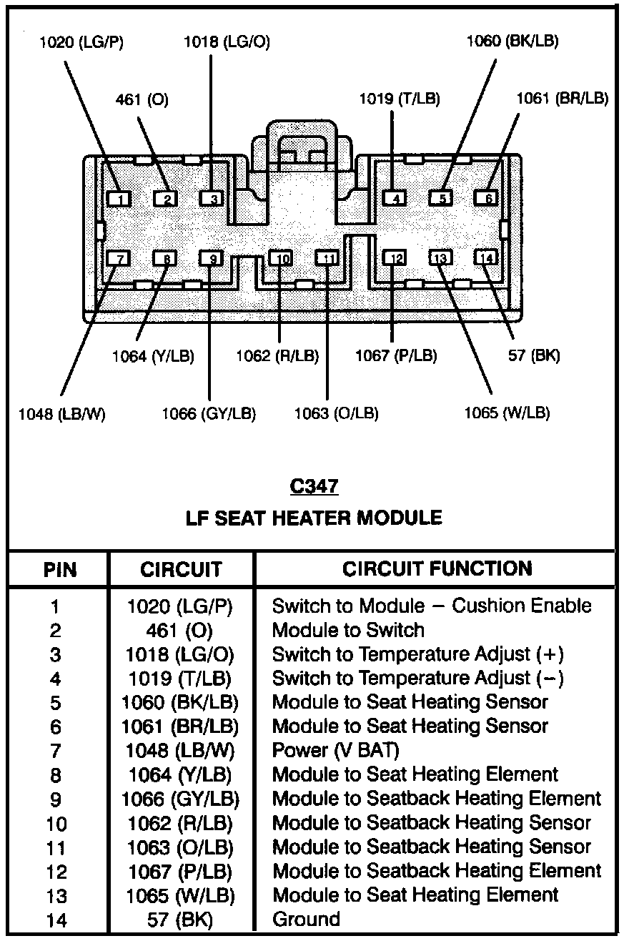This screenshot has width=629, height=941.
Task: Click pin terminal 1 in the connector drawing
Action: click(120, 199)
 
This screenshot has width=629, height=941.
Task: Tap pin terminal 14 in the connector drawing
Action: click(487, 258)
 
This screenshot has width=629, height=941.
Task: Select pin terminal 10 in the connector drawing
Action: click(283, 258)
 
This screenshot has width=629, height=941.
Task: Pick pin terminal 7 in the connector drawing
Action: click(119, 258)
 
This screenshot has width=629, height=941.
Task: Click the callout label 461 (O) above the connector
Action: click(142, 101)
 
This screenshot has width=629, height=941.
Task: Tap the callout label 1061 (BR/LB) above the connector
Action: click(563, 99)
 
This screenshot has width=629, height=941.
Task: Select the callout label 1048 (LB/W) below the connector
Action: click(62, 414)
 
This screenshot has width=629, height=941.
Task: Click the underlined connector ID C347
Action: click(314, 487)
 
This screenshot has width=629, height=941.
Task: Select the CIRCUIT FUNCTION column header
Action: click(437, 569)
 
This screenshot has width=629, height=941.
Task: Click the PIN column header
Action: click(60, 571)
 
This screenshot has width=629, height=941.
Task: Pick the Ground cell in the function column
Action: click(306, 920)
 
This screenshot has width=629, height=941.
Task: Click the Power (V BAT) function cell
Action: click(335, 751)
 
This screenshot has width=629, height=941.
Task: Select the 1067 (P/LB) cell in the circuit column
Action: click(180, 872)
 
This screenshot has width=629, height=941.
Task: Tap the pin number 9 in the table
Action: click(56, 799)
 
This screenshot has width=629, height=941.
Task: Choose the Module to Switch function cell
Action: click(348, 630)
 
